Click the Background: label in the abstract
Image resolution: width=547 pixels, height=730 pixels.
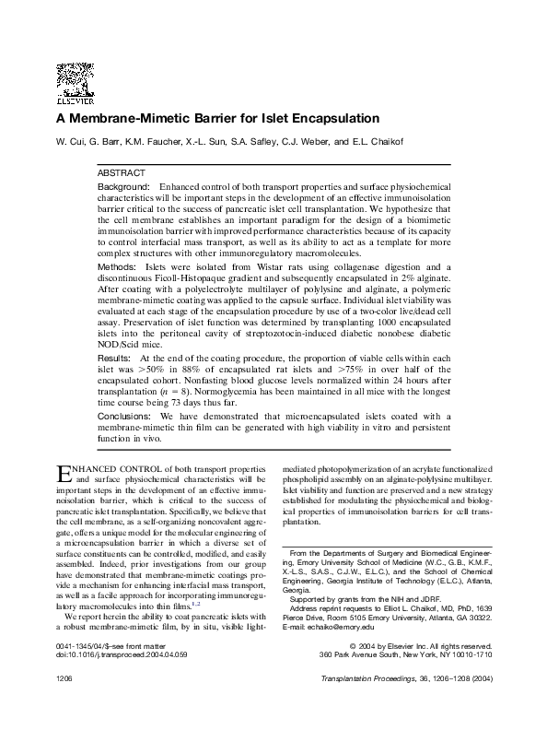tap(123, 186)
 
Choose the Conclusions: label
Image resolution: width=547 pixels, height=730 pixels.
tap(124, 416)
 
